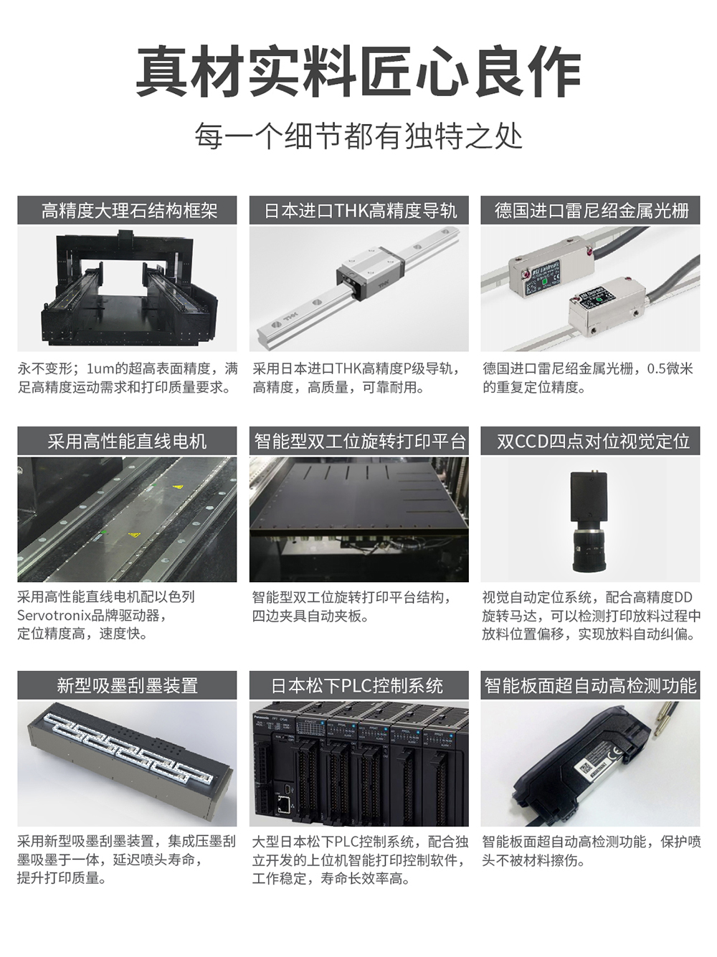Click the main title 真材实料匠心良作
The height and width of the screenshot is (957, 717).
tap(358, 72)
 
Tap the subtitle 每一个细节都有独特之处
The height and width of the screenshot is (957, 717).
tap(358, 135)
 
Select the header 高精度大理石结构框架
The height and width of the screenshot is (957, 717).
tap(127, 211)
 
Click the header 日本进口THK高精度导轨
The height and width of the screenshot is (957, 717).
tap(359, 211)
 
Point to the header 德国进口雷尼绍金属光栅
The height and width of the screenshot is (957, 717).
tap(590, 211)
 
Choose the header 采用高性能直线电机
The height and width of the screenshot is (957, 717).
tap(127, 441)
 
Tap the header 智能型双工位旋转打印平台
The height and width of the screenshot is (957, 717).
tap(359, 441)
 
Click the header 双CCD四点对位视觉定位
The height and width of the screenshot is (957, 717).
tap(590, 441)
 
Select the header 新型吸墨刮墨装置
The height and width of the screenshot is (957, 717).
tap(127, 685)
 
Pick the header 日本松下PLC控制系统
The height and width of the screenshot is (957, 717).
tap(359, 685)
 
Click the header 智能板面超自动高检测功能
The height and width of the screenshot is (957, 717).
tap(590, 685)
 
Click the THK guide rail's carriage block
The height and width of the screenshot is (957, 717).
tap(370, 275)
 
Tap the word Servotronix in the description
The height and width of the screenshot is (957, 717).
tap(54, 615)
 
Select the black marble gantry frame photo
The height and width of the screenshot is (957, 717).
tap(127, 289)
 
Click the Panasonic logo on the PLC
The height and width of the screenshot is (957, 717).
tap(267, 715)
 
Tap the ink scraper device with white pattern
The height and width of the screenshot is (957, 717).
tap(127, 763)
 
